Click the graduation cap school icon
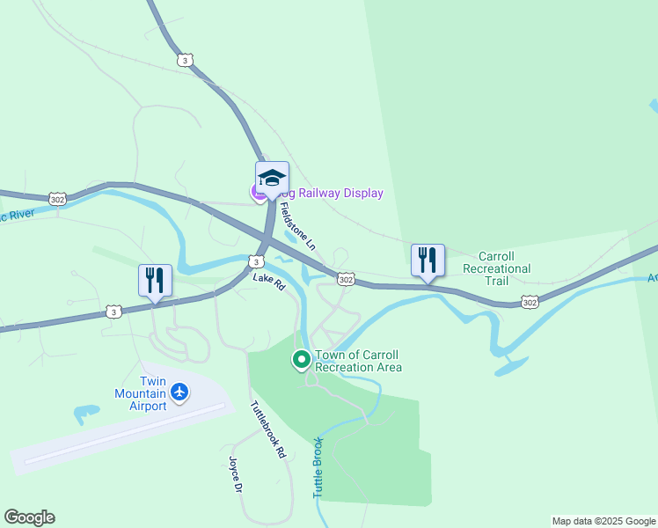(272, 177)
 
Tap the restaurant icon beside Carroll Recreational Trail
(428, 260)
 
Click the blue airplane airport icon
(179, 391)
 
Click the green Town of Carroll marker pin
(301, 359)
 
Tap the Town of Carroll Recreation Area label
(358, 361)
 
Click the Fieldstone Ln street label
(297, 225)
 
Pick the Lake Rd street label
(269, 281)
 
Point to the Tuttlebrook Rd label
(268, 430)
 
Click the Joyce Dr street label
(234, 474)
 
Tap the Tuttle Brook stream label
(318, 468)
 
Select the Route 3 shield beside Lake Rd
(255, 261)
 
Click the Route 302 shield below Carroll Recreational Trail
(529, 302)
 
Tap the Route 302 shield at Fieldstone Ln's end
(346, 279)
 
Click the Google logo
(29, 517)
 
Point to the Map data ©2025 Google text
(603, 521)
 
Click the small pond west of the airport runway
(86, 412)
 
